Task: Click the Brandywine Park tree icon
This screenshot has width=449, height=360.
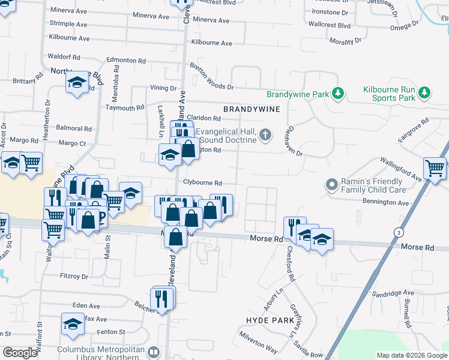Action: [x=338, y=94]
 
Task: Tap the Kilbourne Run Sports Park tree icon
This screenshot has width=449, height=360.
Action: [x=425, y=92]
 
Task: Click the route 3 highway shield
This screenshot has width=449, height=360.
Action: [x=399, y=232]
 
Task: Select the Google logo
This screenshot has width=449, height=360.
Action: [x=20, y=353]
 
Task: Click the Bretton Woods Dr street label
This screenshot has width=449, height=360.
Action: [x=211, y=77]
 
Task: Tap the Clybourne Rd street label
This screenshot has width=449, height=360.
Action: [x=203, y=183]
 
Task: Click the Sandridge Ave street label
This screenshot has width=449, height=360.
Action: [x=393, y=293]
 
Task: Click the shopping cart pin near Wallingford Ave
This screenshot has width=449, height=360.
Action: [x=435, y=168]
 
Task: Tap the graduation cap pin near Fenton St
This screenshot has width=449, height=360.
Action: [x=73, y=324]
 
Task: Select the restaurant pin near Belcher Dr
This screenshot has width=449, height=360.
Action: [x=162, y=297]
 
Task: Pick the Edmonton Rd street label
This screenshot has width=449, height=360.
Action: [x=126, y=61]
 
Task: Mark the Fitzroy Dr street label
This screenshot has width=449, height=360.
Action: [x=74, y=277]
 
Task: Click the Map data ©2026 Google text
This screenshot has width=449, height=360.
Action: [x=412, y=355]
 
